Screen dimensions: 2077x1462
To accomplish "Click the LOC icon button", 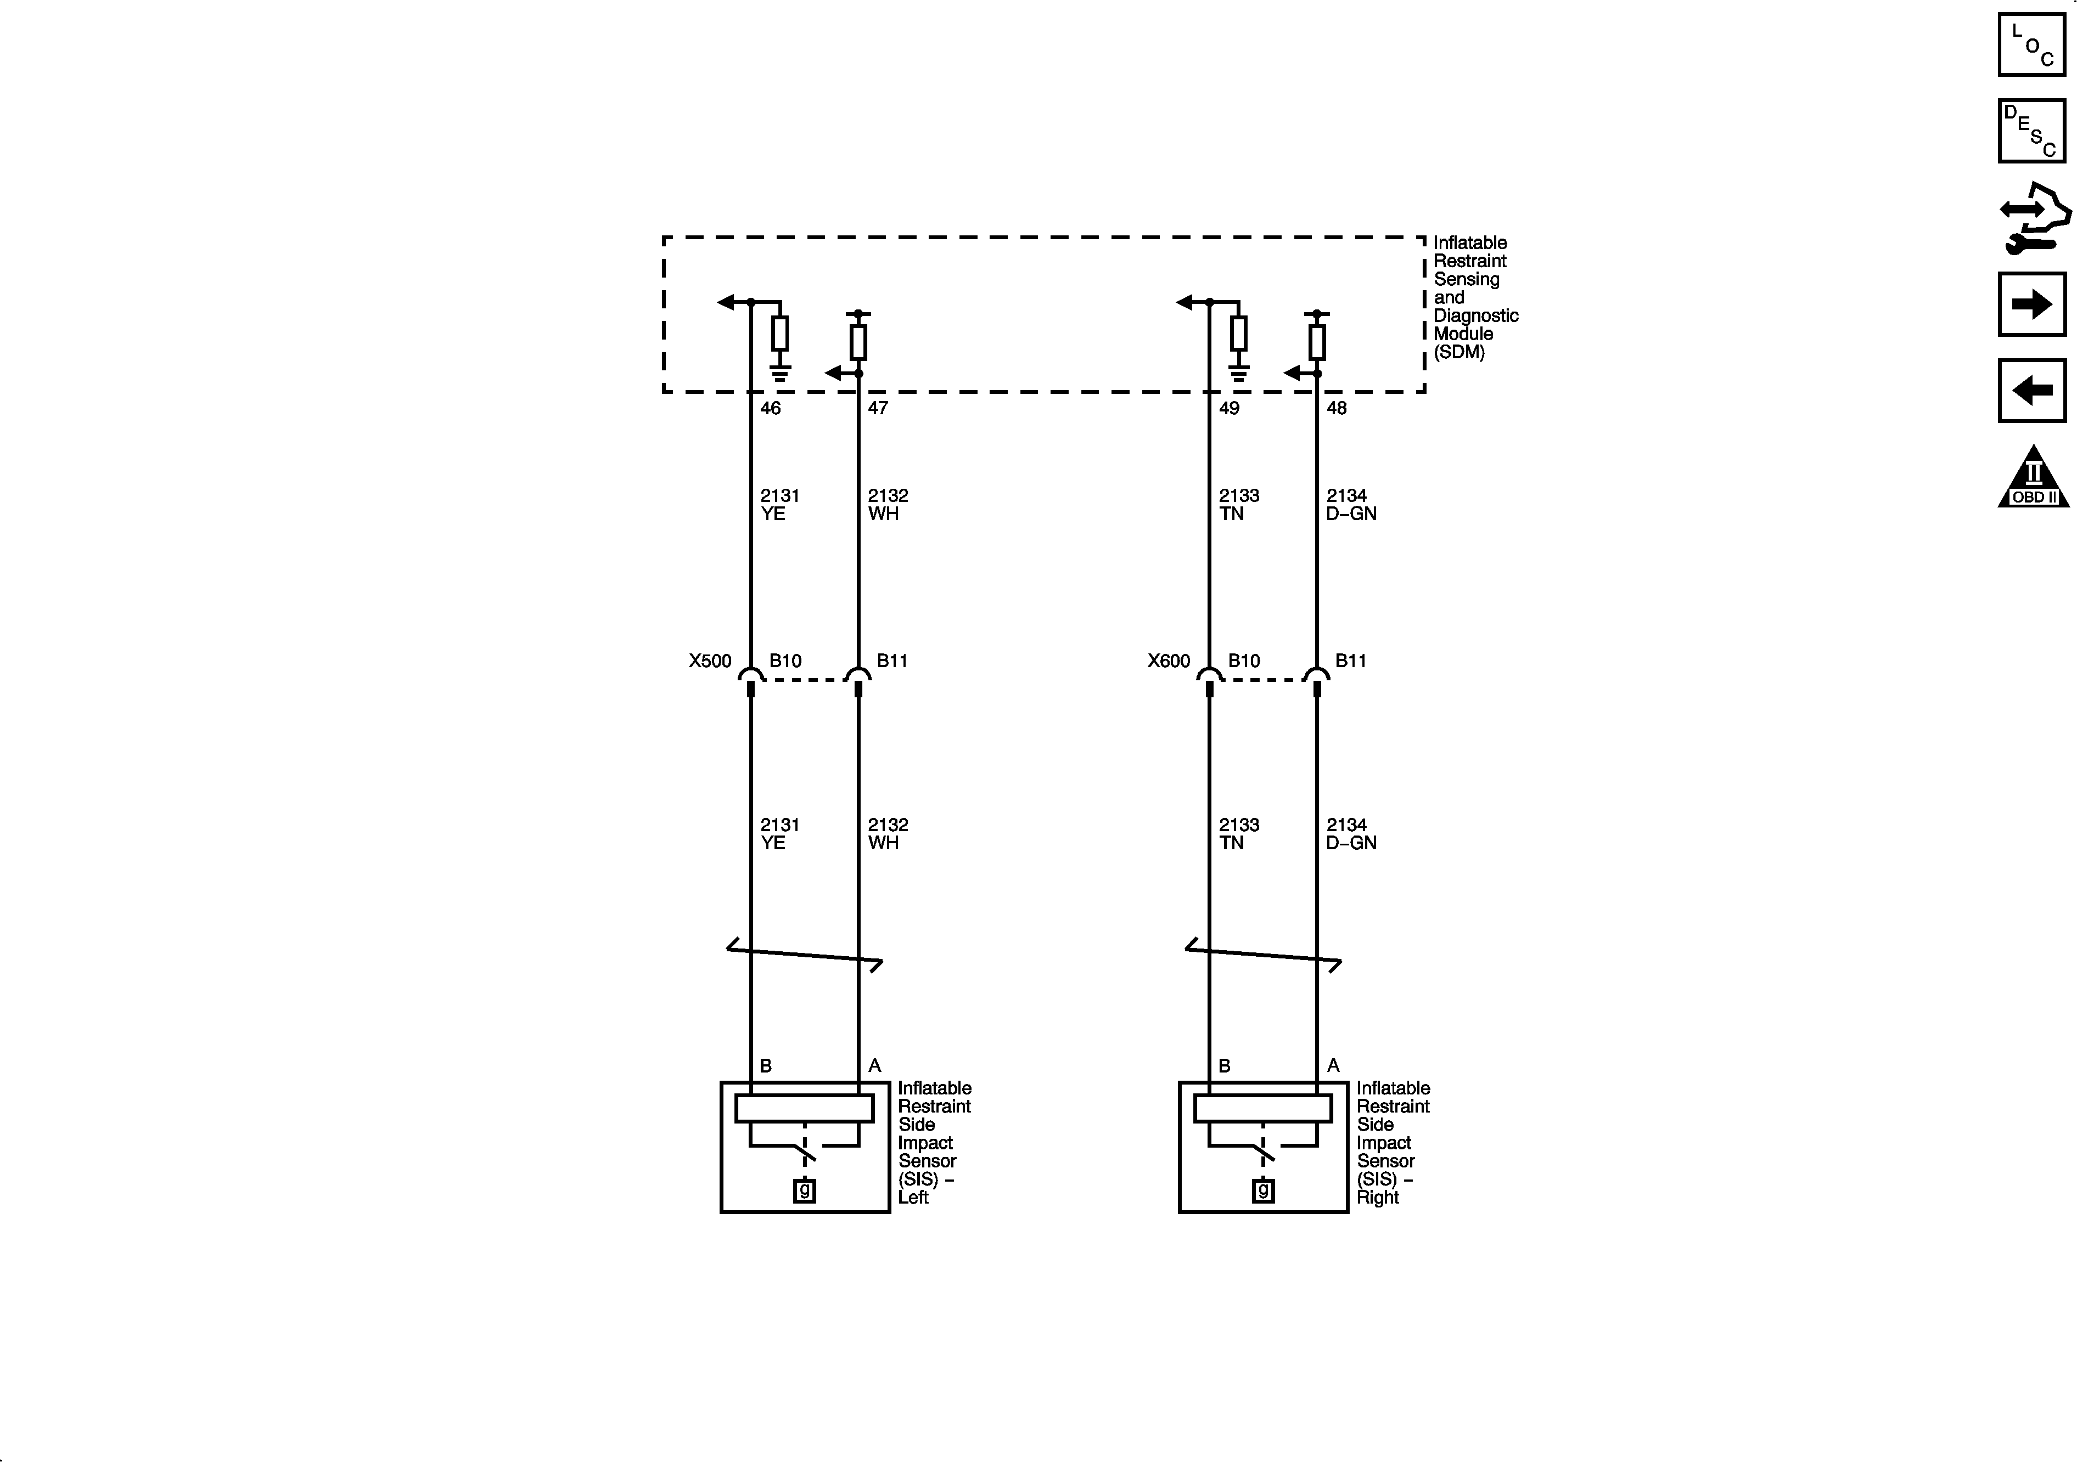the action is [x=2032, y=44].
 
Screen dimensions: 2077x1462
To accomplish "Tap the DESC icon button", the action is [x=2032, y=131].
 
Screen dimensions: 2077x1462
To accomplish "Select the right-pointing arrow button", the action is [x=2032, y=304].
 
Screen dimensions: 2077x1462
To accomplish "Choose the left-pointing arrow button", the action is [x=2032, y=391].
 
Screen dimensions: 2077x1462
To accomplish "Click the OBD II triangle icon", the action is [x=2034, y=477].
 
